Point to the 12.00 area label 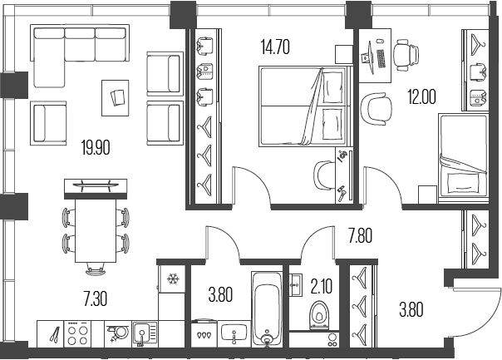(421, 96)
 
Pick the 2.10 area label (322, 288)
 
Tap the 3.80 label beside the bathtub (220, 293)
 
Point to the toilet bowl (318, 317)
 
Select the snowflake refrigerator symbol (174, 279)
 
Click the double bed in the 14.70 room (303, 107)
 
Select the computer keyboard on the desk (380, 59)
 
